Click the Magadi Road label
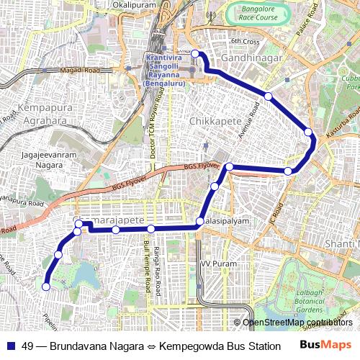pos(79,70)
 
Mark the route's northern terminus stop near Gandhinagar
pos(194,53)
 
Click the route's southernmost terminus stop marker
pos(45,287)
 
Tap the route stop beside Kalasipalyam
pos(200,221)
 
